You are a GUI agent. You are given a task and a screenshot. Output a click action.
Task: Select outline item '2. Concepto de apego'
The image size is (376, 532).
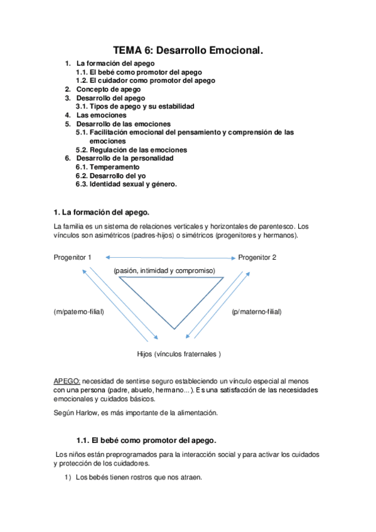tap(109, 90)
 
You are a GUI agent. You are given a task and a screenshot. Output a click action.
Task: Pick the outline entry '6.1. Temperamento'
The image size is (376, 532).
tap(108, 168)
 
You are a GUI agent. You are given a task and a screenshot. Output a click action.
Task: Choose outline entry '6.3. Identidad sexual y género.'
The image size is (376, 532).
tap(126, 184)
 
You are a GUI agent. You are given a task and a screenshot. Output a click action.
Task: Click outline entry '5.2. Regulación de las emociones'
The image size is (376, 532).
tap(131, 150)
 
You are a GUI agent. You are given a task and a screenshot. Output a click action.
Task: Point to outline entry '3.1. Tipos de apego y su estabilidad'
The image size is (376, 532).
tap(135, 107)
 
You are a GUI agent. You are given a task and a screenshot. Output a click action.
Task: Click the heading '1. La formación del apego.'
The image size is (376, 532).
tap(102, 213)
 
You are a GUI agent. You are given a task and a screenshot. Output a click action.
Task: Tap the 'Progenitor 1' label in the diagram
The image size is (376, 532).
tap(73, 257)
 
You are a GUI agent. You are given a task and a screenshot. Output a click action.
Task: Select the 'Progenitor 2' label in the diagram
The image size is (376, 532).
tap(257, 257)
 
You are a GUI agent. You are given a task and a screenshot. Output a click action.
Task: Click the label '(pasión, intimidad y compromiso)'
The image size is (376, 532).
tap(164, 270)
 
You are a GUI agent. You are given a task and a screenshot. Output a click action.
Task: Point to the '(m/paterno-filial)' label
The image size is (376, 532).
tap(79, 312)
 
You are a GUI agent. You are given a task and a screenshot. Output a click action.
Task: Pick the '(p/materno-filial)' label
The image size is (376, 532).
tap(257, 312)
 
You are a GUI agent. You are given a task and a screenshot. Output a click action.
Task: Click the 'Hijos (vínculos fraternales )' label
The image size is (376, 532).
tap(179, 354)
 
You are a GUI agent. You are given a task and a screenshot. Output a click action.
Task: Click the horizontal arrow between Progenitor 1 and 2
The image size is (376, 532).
tap(170, 257)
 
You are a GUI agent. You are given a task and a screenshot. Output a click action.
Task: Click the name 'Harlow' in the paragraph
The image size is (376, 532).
tap(90, 412)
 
